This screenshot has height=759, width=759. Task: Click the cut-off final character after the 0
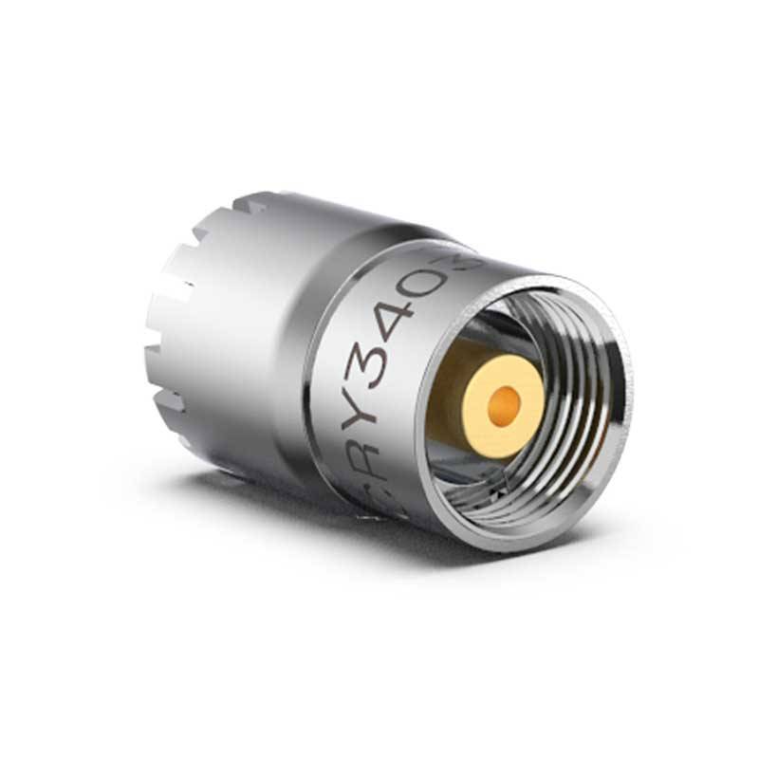tap(472, 258)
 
